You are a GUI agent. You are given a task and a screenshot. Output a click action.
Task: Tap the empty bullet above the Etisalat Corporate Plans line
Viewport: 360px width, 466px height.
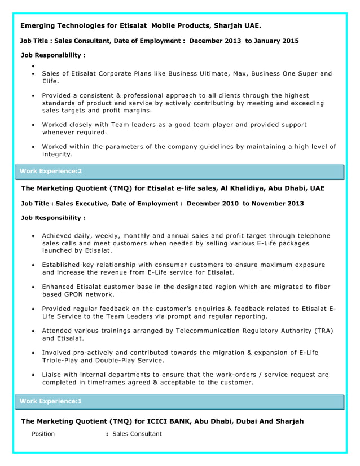34,67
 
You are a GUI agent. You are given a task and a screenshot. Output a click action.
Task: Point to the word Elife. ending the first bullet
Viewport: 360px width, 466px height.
51,82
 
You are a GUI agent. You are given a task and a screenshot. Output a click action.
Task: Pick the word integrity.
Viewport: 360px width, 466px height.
58,155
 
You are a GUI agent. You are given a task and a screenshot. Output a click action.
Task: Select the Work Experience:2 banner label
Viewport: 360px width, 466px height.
51,170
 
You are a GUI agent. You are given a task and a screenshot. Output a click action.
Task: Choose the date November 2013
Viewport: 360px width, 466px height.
279,203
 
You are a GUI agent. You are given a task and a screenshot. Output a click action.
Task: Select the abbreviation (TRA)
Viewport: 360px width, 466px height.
324,330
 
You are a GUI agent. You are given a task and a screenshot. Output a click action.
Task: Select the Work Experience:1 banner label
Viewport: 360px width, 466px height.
51,401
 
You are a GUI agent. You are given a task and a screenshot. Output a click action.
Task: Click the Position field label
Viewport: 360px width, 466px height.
43,434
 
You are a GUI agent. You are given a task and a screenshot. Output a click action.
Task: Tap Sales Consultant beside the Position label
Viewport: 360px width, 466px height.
137,434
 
